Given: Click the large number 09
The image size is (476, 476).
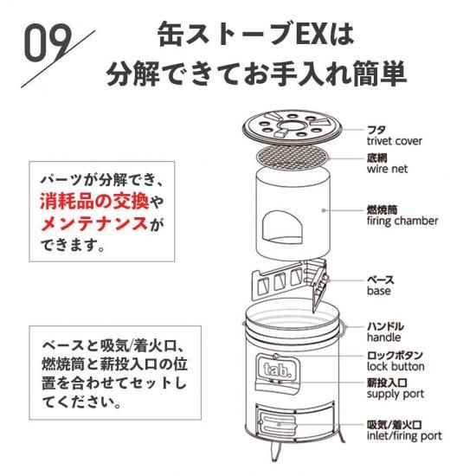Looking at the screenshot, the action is [x=48, y=42].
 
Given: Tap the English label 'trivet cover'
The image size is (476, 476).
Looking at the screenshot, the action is [x=394, y=141].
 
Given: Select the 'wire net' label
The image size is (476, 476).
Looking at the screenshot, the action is [x=387, y=169].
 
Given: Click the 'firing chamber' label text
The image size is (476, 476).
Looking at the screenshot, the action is [x=402, y=221].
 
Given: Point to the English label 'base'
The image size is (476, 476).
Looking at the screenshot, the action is [x=378, y=291].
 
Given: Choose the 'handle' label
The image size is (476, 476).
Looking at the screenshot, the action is [x=383, y=338].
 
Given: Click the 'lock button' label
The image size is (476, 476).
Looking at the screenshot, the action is [x=396, y=366].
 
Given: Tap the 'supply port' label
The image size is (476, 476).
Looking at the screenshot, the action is [x=396, y=395].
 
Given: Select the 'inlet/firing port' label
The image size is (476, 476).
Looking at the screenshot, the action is [x=404, y=436].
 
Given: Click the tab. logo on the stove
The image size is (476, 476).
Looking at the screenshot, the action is [x=278, y=370].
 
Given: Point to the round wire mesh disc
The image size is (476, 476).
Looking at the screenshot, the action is [x=293, y=158].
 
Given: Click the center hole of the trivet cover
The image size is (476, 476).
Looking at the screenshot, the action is [x=293, y=125].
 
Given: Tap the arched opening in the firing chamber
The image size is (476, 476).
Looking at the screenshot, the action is [x=282, y=228].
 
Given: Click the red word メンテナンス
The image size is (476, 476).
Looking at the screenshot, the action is [x=94, y=223].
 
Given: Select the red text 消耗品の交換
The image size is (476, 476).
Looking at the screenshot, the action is [x=94, y=202].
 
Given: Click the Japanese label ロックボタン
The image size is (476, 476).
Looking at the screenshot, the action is [x=395, y=355].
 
